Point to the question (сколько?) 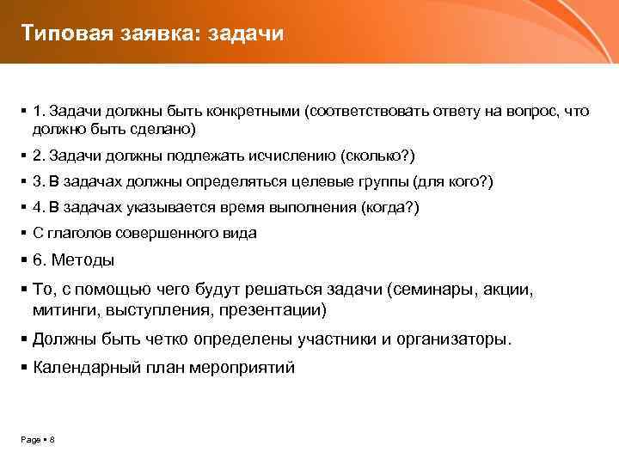(x=377, y=156)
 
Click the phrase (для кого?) (x=454, y=182)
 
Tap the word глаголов (x=78, y=234)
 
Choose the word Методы (x=84, y=260)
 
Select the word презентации (x=273, y=309)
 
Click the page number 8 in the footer (x=52, y=440)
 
